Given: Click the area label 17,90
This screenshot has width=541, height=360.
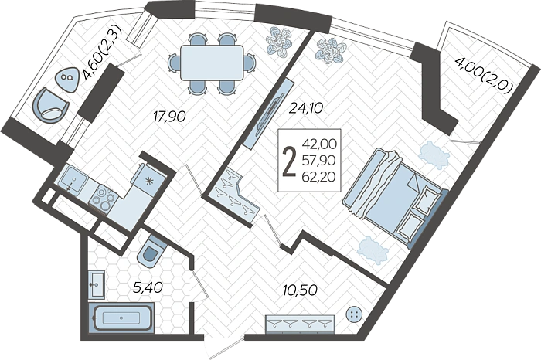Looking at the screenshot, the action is pos(169,117).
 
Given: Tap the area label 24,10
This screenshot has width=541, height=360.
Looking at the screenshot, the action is pos(306,108).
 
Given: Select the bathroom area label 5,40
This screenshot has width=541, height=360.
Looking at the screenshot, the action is pos(148,287).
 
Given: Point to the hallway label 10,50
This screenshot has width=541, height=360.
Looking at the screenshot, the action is pos(300,290).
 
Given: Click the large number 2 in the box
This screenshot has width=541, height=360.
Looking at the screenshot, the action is pos(289,161).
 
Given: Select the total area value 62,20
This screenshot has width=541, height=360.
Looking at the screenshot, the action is pos(318,177).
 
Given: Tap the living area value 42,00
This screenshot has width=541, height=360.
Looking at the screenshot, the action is pos(319,144).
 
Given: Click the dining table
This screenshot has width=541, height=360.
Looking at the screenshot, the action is pos(212,63).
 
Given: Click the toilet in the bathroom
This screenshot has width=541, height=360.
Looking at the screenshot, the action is pos(151,252).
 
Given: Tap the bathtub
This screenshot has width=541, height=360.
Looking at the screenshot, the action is pos(121,318).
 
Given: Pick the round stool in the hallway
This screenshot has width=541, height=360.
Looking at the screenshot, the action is pos(353,314).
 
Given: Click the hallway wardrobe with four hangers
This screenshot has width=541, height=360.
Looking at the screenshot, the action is pos(300,324).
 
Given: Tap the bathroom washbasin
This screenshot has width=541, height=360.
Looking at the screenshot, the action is pos(97,285).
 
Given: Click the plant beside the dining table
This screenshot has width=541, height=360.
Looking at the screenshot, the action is pos(280,42).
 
